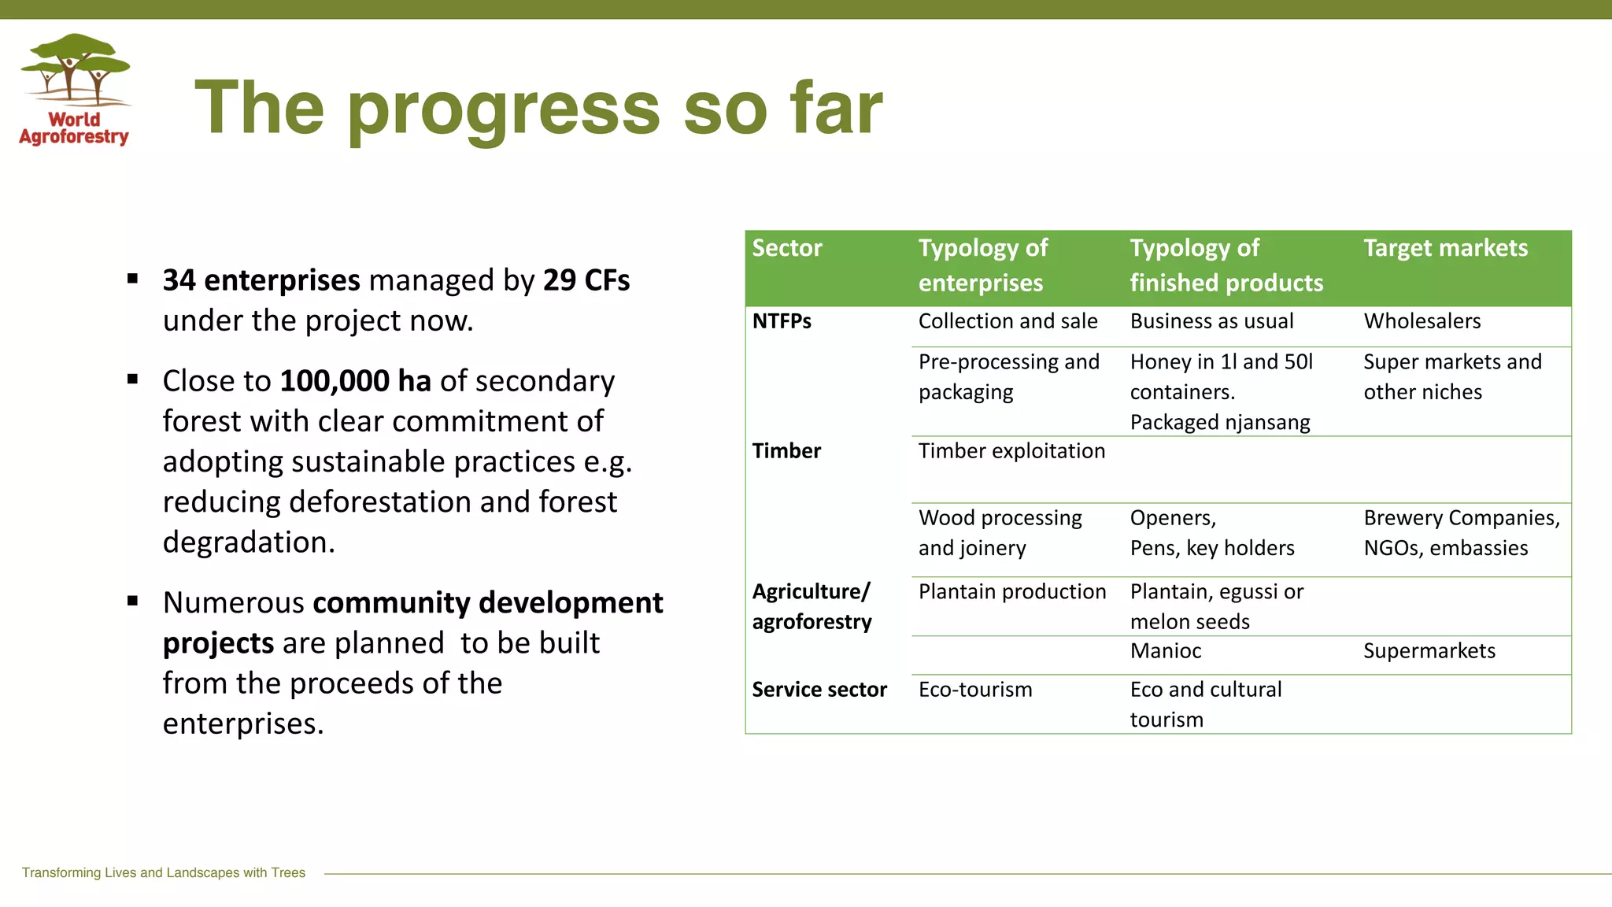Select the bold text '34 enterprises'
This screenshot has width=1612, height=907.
click(261, 280)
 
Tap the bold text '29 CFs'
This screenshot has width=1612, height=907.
click(586, 280)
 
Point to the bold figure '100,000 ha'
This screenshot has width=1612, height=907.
click(355, 381)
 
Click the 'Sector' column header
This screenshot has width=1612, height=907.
click(786, 248)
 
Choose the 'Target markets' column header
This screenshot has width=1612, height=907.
click(1445, 248)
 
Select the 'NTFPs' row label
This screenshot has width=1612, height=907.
click(782, 321)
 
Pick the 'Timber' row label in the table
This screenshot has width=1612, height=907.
click(786, 450)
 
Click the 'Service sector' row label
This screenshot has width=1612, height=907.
click(819, 690)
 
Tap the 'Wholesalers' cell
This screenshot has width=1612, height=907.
click(1422, 321)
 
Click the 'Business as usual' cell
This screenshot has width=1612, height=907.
click(1211, 321)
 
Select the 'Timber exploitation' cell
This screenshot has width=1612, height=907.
click(1011, 450)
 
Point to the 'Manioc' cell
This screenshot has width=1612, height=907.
click(1166, 651)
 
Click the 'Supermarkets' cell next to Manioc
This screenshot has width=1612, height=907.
click(1429, 651)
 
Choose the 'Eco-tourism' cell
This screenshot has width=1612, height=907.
click(975, 690)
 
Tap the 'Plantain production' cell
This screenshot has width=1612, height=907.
click(1011, 591)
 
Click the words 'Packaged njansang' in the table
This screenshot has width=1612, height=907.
click(1219, 422)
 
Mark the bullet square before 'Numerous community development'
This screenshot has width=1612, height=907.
click(132, 602)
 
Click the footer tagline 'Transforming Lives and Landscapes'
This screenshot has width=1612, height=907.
click(163, 872)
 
